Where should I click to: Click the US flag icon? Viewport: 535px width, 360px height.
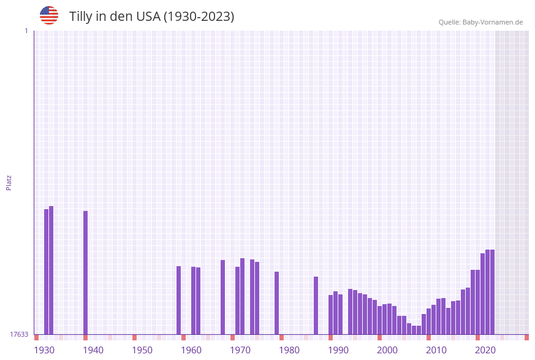pos(49,15)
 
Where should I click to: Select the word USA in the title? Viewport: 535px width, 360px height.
pos(148,17)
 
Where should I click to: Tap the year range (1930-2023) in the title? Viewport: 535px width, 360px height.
pos(199,17)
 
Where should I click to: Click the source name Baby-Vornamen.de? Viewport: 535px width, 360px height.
pos(493,22)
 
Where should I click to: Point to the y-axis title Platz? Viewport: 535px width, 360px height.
pos(9,182)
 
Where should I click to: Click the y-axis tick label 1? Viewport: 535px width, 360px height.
pos(26,31)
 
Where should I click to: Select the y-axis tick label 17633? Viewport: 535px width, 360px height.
pos(19,334)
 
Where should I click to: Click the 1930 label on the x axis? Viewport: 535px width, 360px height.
pos(44,350)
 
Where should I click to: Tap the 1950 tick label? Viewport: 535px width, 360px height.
pos(142,350)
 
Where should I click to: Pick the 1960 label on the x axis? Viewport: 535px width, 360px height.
pos(191,350)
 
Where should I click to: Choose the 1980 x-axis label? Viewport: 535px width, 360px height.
pos(289,350)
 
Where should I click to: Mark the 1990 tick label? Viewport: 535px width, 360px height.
pos(338,350)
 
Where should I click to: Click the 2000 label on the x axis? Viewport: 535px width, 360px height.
pos(387,350)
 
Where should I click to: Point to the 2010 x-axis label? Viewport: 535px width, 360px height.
pos(436,350)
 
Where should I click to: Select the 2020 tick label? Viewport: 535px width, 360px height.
pos(485,350)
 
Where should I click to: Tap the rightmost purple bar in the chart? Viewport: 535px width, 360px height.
pos(492,292)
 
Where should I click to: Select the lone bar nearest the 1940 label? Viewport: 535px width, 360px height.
pos(85,273)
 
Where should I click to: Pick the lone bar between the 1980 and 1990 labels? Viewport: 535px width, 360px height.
pos(316,305)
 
